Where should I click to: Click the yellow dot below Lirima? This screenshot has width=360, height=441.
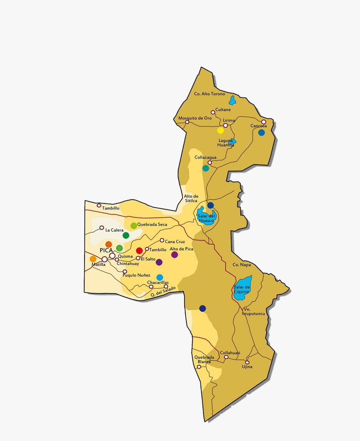(221, 130)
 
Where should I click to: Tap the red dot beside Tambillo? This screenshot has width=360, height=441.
(139, 250)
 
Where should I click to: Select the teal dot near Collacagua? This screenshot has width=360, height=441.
(206, 168)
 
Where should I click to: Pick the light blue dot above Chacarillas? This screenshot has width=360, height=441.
(159, 277)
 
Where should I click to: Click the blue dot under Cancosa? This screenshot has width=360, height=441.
(262, 132)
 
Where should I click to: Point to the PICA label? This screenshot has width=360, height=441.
(106, 250)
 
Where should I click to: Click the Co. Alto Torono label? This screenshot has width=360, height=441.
(209, 94)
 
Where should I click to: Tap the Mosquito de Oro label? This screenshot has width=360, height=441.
(195, 118)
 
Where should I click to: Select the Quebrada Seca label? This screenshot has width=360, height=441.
(152, 224)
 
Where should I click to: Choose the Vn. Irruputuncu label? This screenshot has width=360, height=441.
(254, 311)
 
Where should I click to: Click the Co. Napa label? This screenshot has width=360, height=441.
(241, 265)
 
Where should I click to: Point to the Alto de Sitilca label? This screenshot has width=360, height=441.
(191, 199)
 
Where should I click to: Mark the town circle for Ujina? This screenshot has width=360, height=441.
(247, 362)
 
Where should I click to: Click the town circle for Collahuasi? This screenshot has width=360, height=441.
(226, 357)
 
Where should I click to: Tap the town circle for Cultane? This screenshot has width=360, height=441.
(213, 112)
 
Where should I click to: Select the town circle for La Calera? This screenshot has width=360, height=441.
(102, 228)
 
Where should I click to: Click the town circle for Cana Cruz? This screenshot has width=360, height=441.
(162, 240)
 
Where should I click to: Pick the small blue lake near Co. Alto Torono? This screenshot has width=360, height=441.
(232, 100)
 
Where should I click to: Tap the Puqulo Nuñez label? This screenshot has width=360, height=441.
(136, 275)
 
